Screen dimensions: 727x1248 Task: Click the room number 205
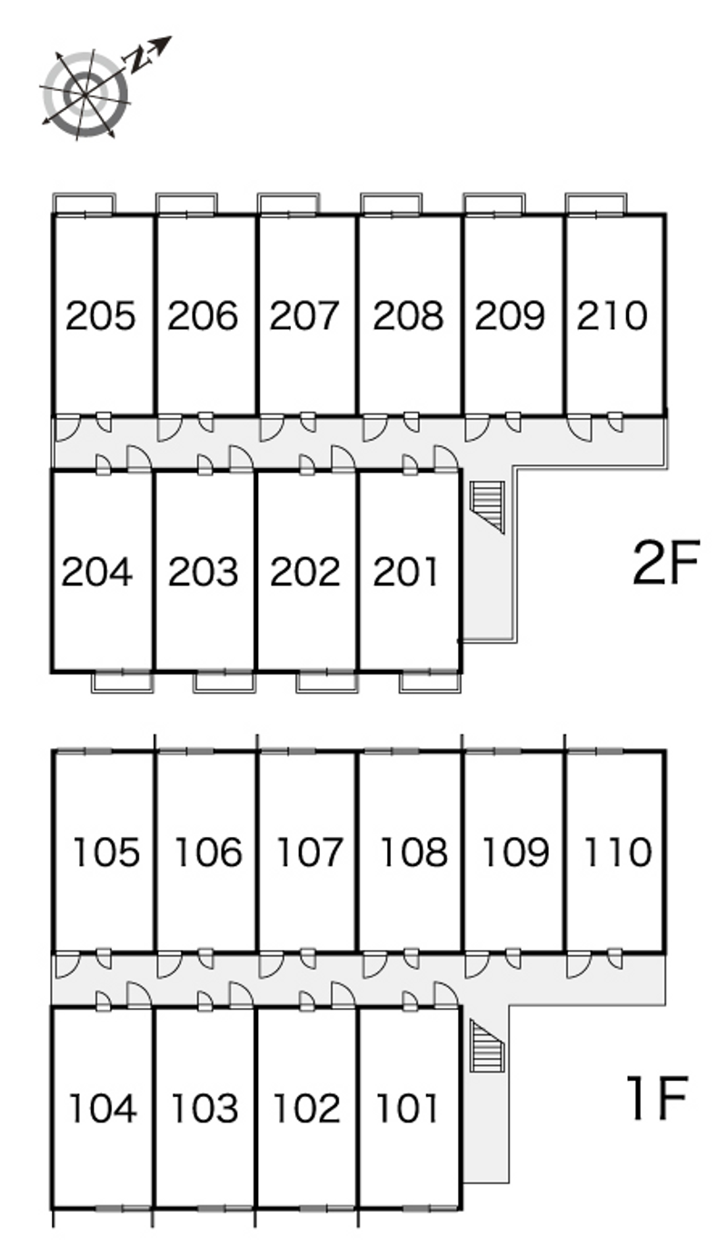click(x=100, y=315)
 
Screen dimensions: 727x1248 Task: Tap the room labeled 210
click(x=612, y=315)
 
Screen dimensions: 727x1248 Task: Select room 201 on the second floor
click(x=406, y=572)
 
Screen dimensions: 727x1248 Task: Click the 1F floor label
click(x=657, y=1098)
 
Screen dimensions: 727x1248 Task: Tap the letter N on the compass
click(x=137, y=59)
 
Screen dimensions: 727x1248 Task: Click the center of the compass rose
click(x=85, y=94)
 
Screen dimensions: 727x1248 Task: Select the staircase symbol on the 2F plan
click(x=487, y=507)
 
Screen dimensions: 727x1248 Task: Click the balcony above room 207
click(x=288, y=204)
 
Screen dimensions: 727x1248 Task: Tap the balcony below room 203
click(x=224, y=682)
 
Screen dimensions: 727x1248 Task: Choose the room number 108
click(x=413, y=852)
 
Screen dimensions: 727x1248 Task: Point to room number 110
click(x=617, y=852)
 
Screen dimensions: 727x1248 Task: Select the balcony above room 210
click(x=596, y=204)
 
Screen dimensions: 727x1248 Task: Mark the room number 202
click(x=305, y=572)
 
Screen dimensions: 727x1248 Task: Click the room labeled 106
click(x=208, y=852)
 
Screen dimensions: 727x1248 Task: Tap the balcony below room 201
click(x=430, y=682)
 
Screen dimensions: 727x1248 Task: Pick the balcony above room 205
click(x=84, y=204)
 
